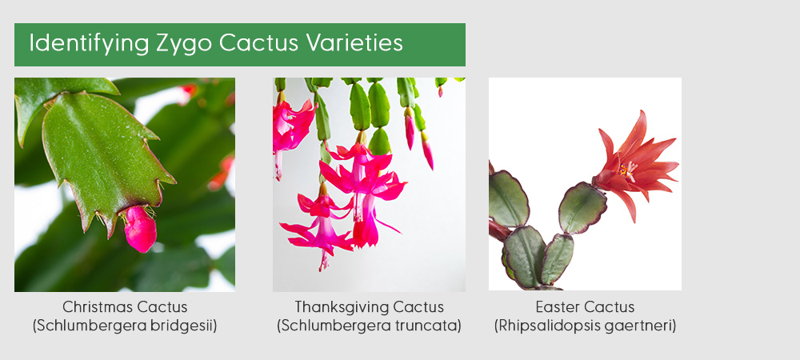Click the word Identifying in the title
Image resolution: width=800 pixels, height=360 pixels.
(89, 43)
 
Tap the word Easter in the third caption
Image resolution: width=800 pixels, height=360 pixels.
(554, 307)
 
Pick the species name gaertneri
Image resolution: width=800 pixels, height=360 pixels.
(641, 326)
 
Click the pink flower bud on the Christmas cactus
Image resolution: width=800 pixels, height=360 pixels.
(140, 229)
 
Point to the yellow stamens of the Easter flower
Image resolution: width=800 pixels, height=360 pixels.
(629, 170)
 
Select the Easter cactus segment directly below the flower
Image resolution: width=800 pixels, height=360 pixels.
(582, 207)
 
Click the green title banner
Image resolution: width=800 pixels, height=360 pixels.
(240, 44)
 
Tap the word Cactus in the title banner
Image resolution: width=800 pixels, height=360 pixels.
(258, 43)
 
